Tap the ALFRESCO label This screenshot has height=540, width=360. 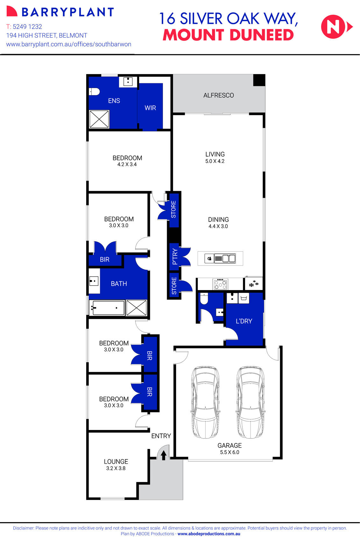pos(218,95)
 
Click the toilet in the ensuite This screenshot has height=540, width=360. pos(94,92)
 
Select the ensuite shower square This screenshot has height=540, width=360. pos(99,119)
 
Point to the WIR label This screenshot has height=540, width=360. pos(150,108)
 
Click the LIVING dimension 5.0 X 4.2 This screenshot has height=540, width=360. pos(215,161)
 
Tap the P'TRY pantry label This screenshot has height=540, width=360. pos(175,256)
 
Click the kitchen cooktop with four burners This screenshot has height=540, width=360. pos(220,284)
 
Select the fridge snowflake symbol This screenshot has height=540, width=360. pos(253,283)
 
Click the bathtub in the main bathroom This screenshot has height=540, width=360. pos(107,308)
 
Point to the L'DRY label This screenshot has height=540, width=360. pos(244,321)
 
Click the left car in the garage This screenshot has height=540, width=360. pos(205,402)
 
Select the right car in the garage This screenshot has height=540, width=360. pos(250,402)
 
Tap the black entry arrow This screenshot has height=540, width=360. pos(164,455)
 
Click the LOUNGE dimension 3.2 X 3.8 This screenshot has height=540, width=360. pos(116,468)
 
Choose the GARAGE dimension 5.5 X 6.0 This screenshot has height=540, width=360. pos(229,452)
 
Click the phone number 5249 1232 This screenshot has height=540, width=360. pos(27,27)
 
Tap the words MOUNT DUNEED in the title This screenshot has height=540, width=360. pos(228,35)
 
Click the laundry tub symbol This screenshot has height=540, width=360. pos(244,298)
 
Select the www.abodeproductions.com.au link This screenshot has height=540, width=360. pos(209,534)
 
